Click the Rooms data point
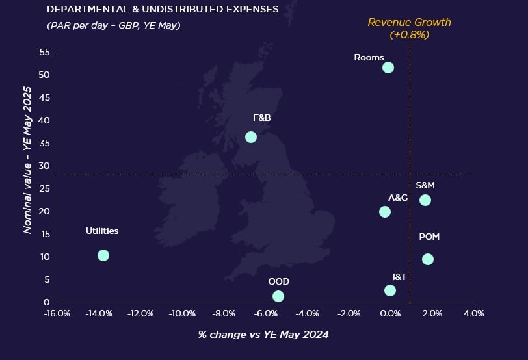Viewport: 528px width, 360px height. pos(388,68)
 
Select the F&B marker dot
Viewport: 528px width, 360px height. pos(251,137)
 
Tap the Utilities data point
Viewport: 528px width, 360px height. pos(103,255)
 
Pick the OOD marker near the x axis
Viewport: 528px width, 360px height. pos(278,296)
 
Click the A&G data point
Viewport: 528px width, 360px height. pos(385,212)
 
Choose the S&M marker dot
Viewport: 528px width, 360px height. pos(425,200)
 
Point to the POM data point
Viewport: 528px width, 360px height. pos(427,259)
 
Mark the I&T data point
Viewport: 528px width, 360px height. pos(390,290)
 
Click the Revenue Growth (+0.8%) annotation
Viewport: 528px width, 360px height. pos(409,28)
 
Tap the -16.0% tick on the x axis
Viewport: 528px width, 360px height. pos(57,314)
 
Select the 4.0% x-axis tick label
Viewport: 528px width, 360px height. pos(473,314)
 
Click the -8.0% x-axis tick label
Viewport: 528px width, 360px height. pos(224,314)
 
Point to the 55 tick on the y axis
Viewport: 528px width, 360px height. pos(45,52)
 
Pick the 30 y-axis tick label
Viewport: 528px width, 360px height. pos(45,166)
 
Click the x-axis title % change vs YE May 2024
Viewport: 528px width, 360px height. pos(263,335)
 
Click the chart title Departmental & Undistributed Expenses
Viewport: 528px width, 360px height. pos(163,10)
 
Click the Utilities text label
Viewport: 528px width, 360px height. pos(102,231)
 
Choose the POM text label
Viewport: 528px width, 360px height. pos(429,237)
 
